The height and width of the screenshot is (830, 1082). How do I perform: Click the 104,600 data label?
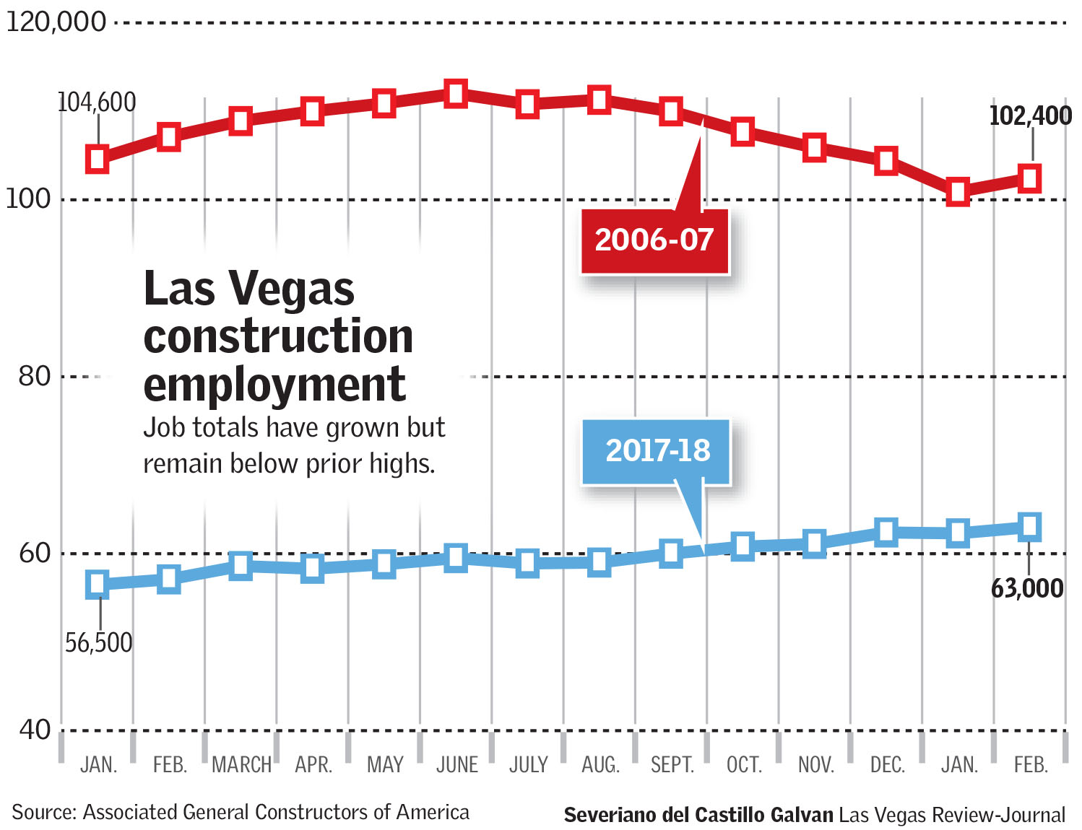coord(97,102)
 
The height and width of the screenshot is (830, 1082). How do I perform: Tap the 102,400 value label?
coord(1029,115)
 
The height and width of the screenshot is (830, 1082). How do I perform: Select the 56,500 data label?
coord(99,642)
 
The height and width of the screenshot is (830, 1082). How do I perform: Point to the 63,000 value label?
coord(1026,588)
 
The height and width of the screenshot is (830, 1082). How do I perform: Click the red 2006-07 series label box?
coord(654,240)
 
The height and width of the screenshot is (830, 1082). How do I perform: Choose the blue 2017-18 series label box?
coord(657,451)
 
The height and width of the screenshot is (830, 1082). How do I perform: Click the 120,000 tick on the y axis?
coord(56,22)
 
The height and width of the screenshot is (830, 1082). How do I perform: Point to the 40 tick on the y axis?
coord(35,730)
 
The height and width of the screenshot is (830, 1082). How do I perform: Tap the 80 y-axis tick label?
coord(35,376)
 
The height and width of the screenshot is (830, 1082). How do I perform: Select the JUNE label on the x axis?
coord(456,765)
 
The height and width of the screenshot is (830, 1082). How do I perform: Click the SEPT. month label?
coord(672,765)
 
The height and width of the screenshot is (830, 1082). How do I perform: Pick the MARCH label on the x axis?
coord(241,765)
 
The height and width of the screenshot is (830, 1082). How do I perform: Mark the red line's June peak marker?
coord(455,94)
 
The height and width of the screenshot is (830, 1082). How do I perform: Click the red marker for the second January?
coord(958,193)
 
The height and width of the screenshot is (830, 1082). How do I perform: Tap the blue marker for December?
coord(886,532)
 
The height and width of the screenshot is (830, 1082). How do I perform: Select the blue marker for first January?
coord(98,584)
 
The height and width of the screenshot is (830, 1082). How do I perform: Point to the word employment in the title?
coord(274,384)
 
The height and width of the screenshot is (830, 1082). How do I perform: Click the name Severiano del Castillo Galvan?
coord(698,816)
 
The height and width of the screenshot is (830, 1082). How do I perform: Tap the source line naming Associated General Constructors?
coord(240,813)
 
